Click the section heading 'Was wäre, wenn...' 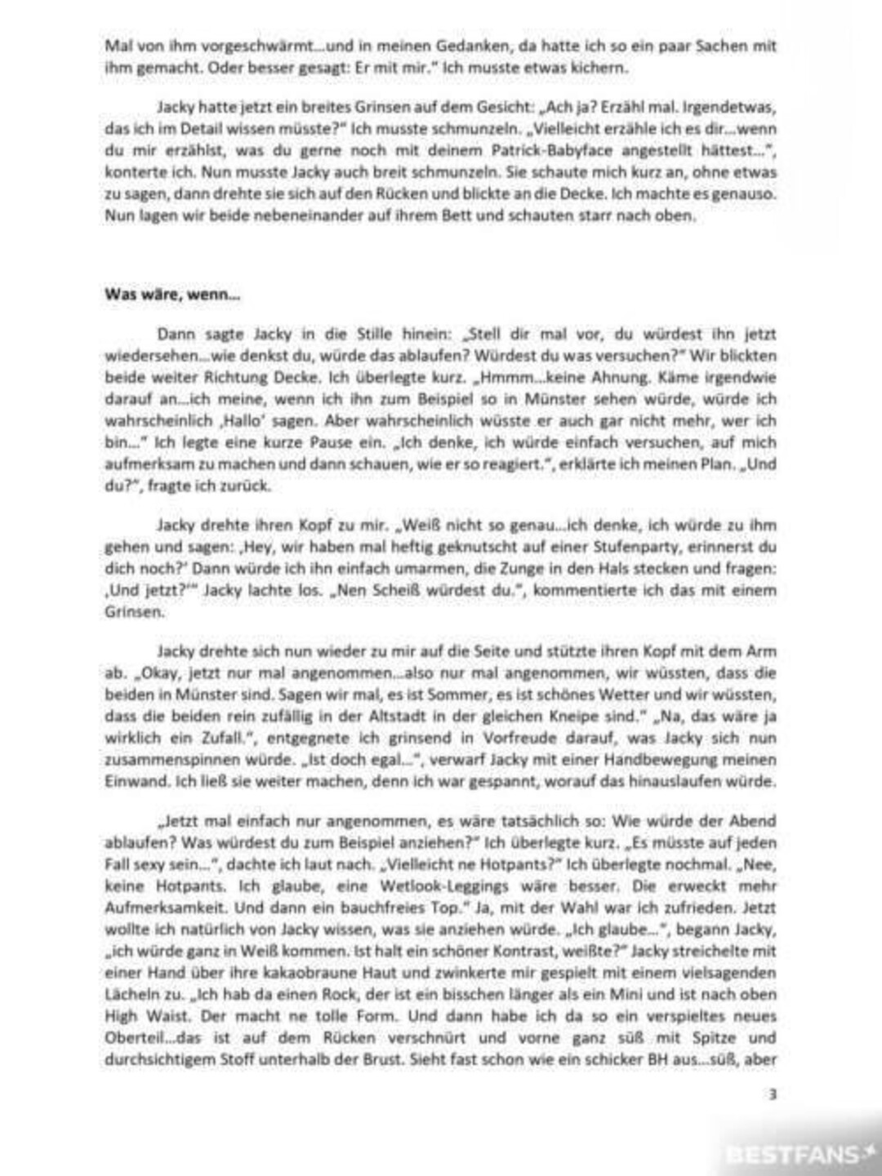(x=172, y=295)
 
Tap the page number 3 (x=772, y=1094)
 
